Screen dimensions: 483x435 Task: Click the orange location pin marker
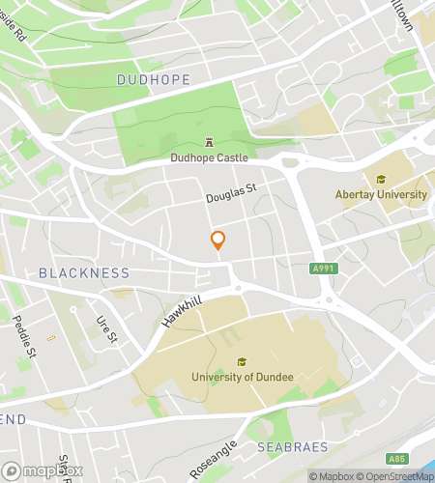coord(218,241)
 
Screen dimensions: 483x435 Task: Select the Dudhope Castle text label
coord(209,157)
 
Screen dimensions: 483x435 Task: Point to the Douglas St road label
coord(229,195)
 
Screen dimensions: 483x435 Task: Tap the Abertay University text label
coord(381,194)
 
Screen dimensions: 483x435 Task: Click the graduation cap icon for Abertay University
coord(381,180)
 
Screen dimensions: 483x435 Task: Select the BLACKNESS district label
coord(84,273)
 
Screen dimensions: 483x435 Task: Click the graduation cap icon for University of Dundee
coord(241,362)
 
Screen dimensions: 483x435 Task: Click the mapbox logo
coord(42,470)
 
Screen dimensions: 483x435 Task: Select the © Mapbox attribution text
coord(332,476)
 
